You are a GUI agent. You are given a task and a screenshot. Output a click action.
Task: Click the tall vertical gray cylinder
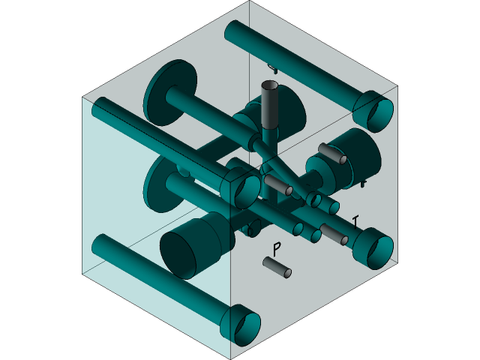click(x=269, y=106)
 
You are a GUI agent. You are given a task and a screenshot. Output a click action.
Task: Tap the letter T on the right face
click(x=355, y=221)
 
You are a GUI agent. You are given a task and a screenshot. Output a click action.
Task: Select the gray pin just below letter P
click(x=277, y=268)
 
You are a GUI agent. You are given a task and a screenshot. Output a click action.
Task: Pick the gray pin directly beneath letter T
click(x=334, y=235)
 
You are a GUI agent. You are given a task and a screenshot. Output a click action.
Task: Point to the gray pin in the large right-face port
click(x=332, y=154)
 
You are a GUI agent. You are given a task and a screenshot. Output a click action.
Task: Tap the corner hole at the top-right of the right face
click(x=379, y=112)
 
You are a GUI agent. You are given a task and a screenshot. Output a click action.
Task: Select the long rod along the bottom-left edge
click(x=157, y=277)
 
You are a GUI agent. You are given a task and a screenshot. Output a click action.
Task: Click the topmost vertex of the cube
click(x=249, y=2)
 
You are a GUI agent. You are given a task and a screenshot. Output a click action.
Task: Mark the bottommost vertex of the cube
click(x=231, y=358)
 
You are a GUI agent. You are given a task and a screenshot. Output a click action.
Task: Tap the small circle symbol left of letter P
click(x=250, y=231)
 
